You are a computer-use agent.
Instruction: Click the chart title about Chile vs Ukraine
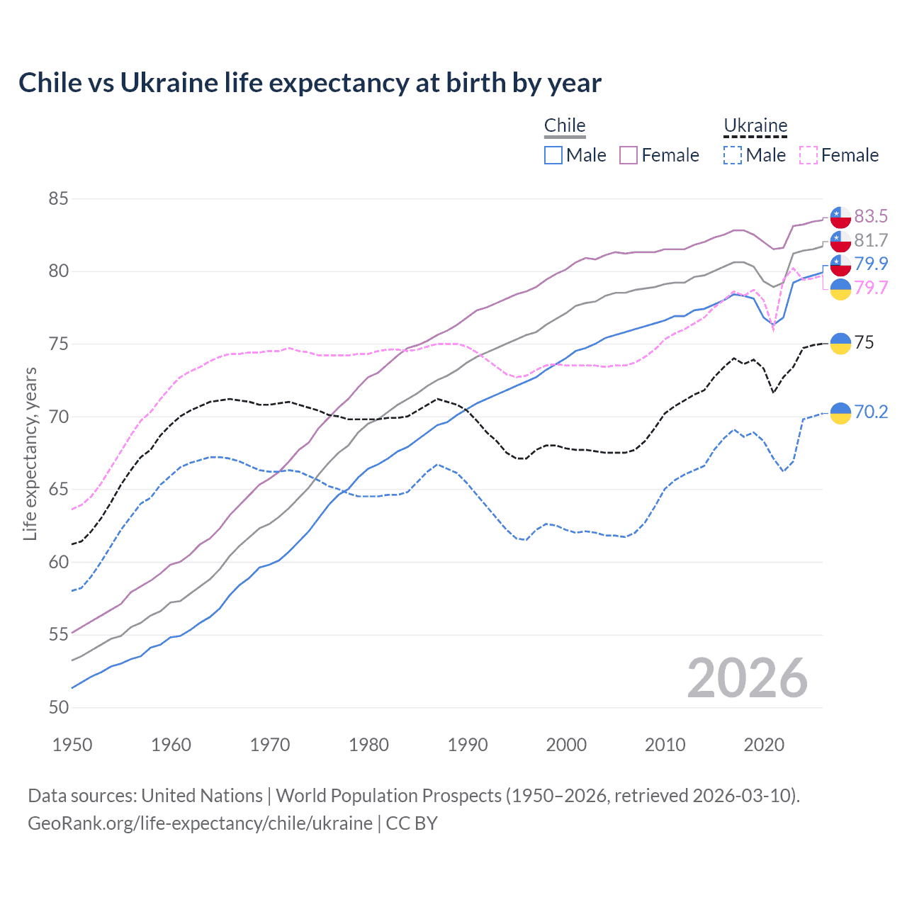click(x=310, y=83)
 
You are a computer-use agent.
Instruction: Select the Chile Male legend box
click(x=553, y=155)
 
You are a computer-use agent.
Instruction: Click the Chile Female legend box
click(x=629, y=155)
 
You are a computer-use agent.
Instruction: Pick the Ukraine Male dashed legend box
click(x=733, y=155)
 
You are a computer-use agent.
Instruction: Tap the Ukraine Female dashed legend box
click(x=808, y=155)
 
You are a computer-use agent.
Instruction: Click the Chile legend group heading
click(x=565, y=125)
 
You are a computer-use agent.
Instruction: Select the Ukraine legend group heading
click(x=755, y=125)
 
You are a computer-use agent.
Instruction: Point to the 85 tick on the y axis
click(x=58, y=199)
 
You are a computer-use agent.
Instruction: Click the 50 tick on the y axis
click(x=58, y=707)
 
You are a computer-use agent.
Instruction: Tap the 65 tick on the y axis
click(x=58, y=490)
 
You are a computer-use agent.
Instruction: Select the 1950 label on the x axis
click(x=72, y=745)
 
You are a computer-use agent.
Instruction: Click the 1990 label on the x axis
click(x=468, y=745)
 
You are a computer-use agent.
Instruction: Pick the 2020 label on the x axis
click(x=764, y=745)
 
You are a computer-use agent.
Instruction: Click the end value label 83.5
click(x=871, y=216)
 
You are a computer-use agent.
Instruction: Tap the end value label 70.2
click(x=871, y=412)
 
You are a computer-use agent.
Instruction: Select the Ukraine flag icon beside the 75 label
click(x=840, y=343)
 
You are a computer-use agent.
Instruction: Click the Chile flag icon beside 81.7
click(x=840, y=241)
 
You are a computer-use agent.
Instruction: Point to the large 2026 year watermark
click(x=747, y=678)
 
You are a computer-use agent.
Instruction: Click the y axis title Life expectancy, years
click(x=30, y=453)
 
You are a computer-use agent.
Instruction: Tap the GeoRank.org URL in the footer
click(x=200, y=823)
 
